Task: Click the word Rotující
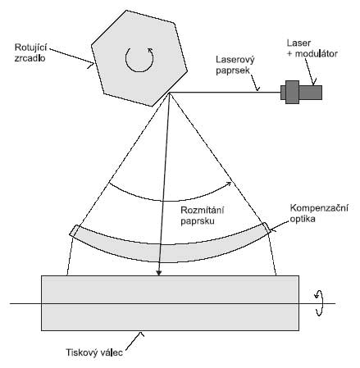[30, 48]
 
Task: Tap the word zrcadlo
[30, 58]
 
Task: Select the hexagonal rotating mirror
[139, 58]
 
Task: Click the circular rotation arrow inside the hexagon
[139, 60]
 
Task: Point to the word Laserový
[235, 60]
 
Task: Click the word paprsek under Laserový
[233, 70]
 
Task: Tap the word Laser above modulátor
[298, 43]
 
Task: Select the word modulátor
[317, 53]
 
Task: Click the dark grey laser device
[301, 92]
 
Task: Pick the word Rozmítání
[203, 211]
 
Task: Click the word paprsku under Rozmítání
[198, 221]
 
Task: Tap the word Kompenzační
[319, 208]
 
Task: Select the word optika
[303, 219]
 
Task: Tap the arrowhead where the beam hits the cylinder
[159, 273]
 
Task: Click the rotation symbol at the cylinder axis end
[319, 303]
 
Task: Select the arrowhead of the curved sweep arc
[229, 184]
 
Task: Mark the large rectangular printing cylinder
[170, 303]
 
